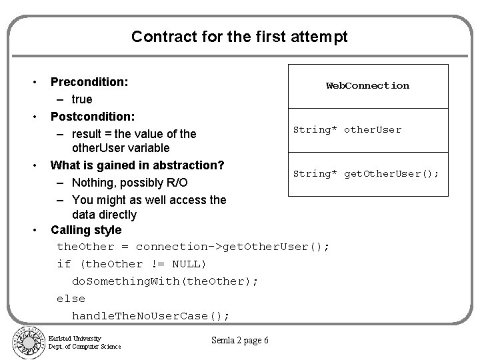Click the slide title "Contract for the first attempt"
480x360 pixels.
pyautogui.click(x=239, y=36)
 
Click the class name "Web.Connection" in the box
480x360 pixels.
pyautogui.click(x=367, y=85)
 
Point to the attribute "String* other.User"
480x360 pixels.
pyautogui.click(x=347, y=129)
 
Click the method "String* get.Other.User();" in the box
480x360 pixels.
pyautogui.click(x=366, y=173)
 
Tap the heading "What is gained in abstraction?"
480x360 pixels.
pyautogui.click(x=137, y=165)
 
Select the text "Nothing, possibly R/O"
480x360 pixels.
pyautogui.click(x=130, y=182)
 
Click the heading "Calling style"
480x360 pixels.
pyautogui.click(x=86, y=230)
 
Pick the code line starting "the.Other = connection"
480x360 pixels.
pyautogui.click(x=193, y=247)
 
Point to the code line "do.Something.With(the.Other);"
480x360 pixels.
pyautogui.click(x=165, y=281)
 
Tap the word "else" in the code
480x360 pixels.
pyautogui.click(x=71, y=298)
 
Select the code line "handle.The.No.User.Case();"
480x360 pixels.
pyautogui.click(x=151, y=315)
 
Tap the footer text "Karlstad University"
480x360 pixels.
pyautogui.click(x=75, y=338)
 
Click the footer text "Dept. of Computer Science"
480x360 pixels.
pyautogui.click(x=85, y=346)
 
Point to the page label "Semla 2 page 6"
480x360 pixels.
pyautogui.click(x=239, y=341)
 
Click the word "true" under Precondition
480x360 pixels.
pyautogui.click(x=82, y=100)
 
